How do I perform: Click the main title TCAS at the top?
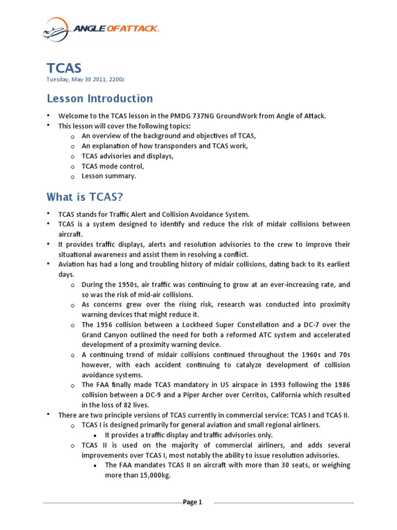pos(64,68)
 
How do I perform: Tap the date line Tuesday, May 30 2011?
pos(86,79)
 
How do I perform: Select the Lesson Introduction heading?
pos(100,98)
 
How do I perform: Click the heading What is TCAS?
pos(85,197)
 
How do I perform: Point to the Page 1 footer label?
pos(192,502)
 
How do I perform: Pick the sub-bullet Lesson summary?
pos(109,176)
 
